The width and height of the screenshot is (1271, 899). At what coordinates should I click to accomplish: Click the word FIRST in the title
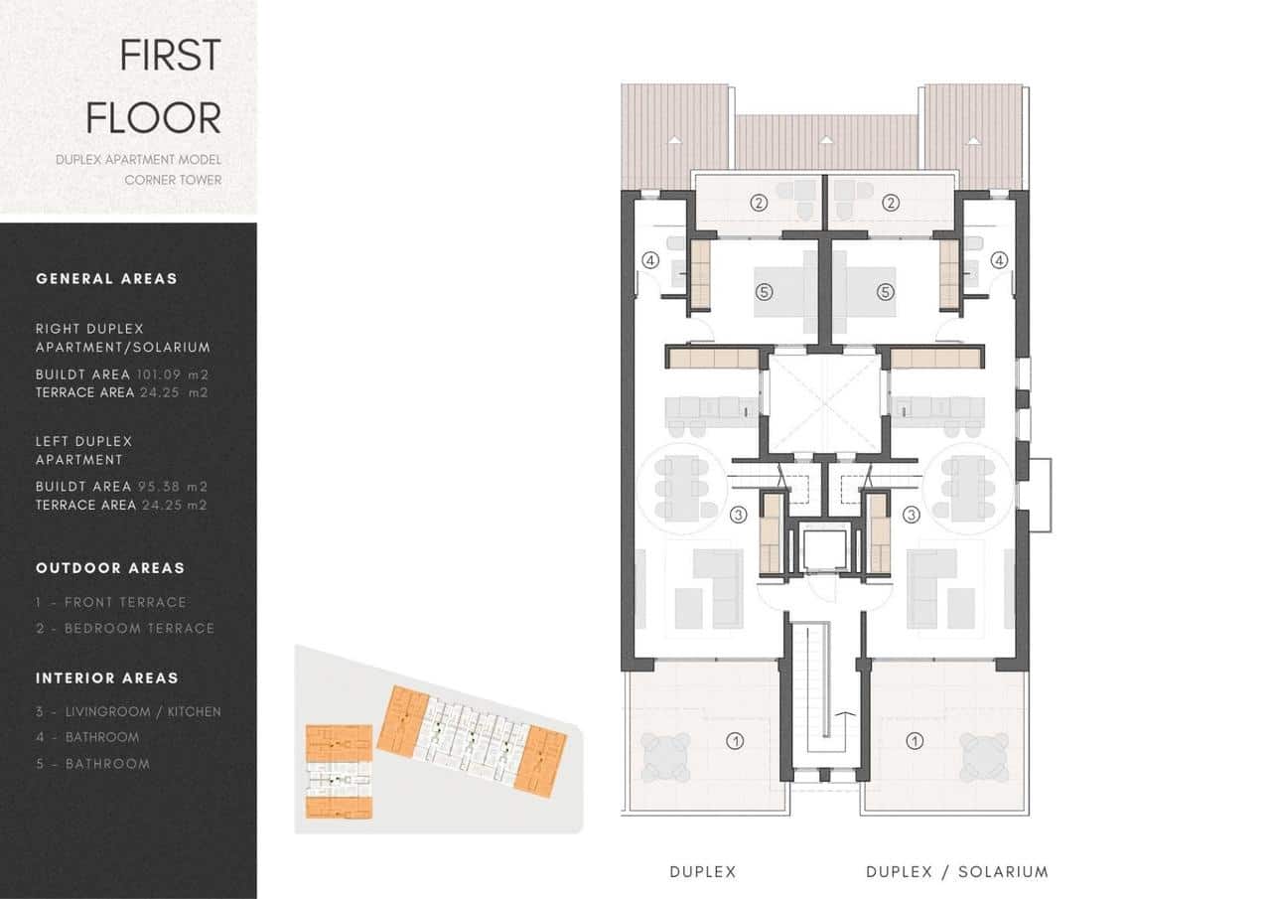pyautogui.click(x=170, y=56)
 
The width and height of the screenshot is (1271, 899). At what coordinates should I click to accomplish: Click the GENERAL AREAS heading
pyautogui.click(x=106, y=278)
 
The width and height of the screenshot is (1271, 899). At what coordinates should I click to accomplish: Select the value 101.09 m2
pyautogui.click(x=173, y=375)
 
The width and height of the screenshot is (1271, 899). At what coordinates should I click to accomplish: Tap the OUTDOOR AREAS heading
pyautogui.click(x=110, y=568)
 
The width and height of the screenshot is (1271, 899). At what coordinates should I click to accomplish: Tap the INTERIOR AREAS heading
pyautogui.click(x=107, y=678)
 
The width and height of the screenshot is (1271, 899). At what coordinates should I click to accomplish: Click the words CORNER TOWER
pyautogui.click(x=173, y=180)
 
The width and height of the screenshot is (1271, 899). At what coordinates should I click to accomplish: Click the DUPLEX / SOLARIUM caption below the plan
pyautogui.click(x=956, y=872)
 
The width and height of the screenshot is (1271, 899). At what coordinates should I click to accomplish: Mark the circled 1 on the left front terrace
pyautogui.click(x=735, y=740)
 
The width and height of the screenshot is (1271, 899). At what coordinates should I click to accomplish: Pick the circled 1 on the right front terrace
pyautogui.click(x=915, y=740)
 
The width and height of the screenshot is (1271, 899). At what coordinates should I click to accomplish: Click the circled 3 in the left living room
pyautogui.click(x=738, y=515)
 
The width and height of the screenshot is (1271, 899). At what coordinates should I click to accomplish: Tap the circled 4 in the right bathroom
pyautogui.click(x=998, y=260)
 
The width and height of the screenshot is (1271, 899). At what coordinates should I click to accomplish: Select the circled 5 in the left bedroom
pyautogui.click(x=763, y=292)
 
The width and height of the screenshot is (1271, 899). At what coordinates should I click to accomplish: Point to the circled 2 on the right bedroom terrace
pyautogui.click(x=891, y=203)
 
